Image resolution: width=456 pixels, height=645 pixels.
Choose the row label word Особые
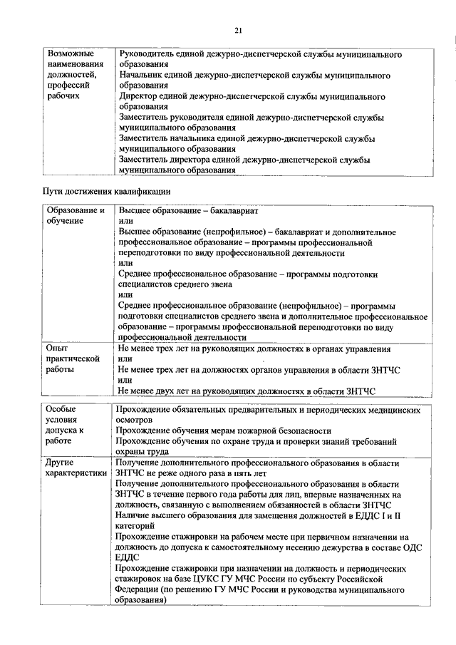click(61, 410)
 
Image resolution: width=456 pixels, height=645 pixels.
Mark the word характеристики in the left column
click(77, 473)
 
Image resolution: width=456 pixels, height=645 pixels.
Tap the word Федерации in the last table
click(141, 590)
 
